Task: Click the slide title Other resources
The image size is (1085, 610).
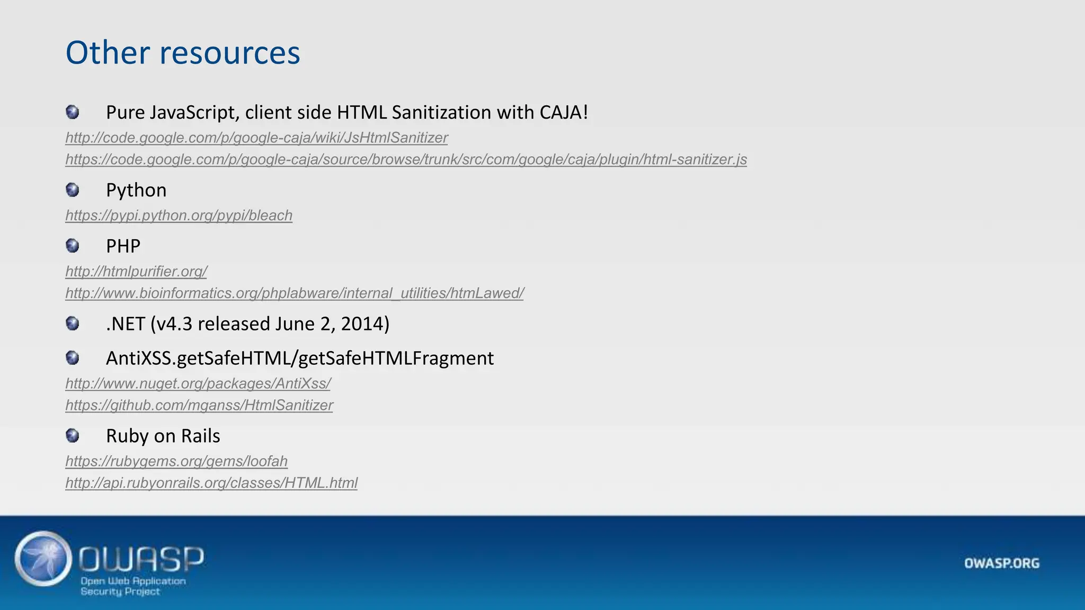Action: point(183,53)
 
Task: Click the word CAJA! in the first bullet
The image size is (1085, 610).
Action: point(564,112)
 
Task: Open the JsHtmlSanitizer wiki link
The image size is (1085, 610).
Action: point(256,138)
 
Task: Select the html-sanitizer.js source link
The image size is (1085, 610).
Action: point(406,159)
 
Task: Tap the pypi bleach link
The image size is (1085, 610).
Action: point(179,216)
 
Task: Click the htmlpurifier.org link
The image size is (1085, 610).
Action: point(136,272)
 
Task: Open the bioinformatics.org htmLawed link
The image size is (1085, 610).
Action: point(295,293)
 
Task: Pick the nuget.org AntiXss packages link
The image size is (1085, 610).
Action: point(198,383)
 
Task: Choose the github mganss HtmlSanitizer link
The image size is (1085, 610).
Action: point(199,405)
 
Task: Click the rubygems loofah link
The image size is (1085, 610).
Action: point(176,461)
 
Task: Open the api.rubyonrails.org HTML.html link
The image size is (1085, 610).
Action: point(211,483)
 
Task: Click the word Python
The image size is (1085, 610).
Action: point(136,190)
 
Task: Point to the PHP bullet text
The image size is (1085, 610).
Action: point(123,246)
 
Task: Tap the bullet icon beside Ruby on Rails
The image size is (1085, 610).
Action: point(73,436)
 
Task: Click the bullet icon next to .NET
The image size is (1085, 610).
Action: point(73,324)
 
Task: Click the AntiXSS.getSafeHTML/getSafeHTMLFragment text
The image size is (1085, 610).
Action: point(300,358)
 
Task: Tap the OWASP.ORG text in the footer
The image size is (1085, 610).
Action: point(1001,563)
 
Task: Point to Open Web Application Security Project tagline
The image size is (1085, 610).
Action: point(132,586)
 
